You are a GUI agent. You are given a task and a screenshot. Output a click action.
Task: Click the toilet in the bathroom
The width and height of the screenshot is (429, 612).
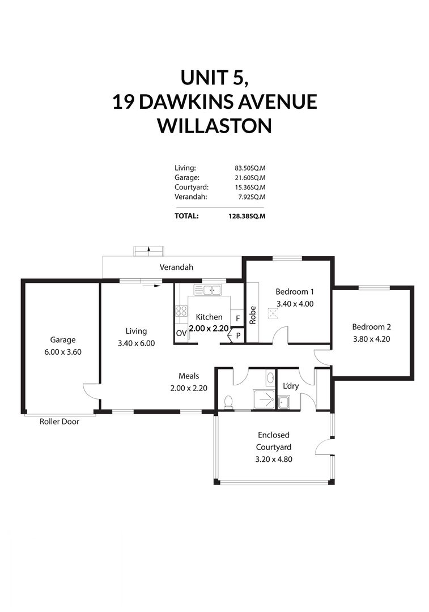229,402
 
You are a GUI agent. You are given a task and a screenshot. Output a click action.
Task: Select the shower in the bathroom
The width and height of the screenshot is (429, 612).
261,399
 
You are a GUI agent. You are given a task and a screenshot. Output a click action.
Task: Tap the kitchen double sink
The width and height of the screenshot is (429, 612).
207,291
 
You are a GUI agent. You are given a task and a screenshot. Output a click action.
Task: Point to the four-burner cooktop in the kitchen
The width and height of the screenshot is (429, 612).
181,311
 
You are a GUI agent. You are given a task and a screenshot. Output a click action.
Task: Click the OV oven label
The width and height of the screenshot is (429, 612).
181,333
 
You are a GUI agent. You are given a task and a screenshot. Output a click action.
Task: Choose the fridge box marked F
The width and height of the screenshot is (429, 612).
237,318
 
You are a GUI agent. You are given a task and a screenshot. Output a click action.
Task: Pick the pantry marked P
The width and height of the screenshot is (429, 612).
238,335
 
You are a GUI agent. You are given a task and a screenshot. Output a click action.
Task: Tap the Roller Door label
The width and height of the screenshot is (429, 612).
59,422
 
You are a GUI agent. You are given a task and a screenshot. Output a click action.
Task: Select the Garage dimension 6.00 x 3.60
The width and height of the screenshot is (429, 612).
62,351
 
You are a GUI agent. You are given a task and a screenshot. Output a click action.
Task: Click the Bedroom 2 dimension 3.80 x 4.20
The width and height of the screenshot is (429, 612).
371,339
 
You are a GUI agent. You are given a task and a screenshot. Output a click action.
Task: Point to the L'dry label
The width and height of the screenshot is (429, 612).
290,386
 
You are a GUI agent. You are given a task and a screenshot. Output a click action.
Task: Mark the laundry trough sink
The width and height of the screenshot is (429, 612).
283,402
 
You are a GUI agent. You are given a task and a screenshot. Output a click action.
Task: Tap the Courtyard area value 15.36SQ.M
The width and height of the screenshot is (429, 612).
250,187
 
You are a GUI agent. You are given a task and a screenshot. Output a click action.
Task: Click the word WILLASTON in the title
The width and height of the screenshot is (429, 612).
214,126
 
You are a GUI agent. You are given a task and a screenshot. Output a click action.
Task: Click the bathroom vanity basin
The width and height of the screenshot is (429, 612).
270,378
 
